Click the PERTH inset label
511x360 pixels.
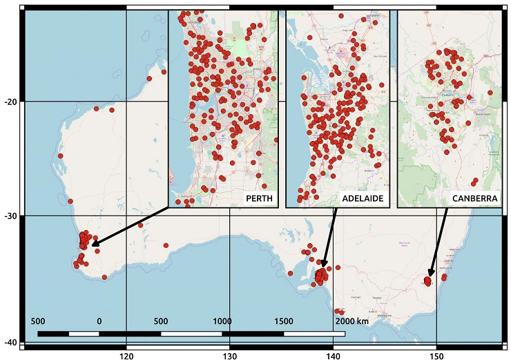[x=258, y=199]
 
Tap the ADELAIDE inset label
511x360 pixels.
[x=363, y=199]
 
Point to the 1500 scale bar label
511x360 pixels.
[x=283, y=321]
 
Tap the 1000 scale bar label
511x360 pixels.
[x=222, y=321]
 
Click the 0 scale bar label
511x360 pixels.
[x=99, y=321]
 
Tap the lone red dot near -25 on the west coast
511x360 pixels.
[x=61, y=156]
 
